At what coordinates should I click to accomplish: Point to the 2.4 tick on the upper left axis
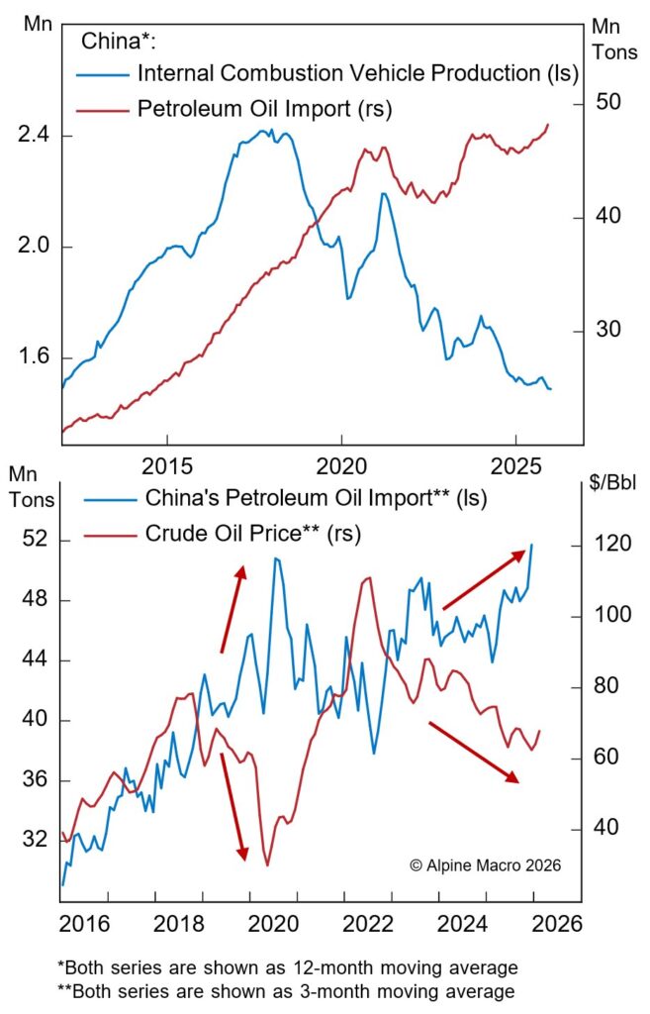click(33, 136)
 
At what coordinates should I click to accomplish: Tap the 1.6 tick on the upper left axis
click(33, 357)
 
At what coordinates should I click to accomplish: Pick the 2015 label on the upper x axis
click(166, 461)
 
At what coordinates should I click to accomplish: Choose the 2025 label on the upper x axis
click(515, 461)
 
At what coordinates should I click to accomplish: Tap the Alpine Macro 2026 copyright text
click(485, 864)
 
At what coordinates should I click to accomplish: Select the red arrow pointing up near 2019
click(232, 609)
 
